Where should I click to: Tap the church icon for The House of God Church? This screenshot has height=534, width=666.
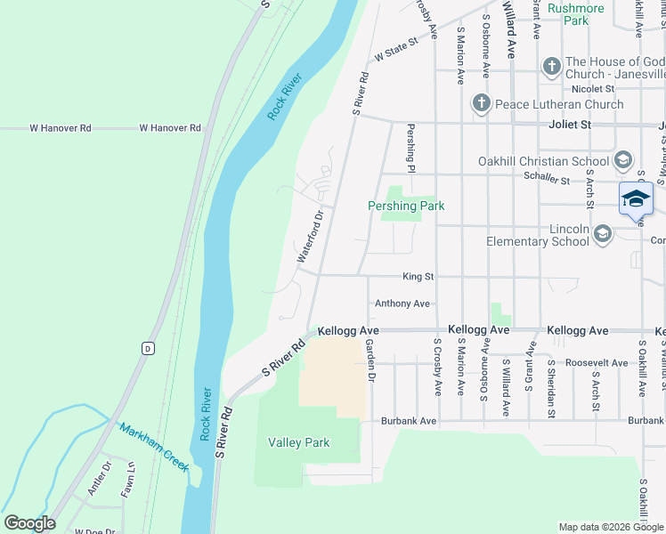tap(551, 67)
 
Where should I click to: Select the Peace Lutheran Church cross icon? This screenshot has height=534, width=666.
tap(482, 104)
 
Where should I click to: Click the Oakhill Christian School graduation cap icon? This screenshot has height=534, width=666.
tap(622, 161)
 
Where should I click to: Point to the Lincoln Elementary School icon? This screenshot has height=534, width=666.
tap(603, 234)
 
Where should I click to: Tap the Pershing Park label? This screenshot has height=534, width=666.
tap(406, 206)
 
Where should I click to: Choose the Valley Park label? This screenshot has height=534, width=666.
tap(299, 442)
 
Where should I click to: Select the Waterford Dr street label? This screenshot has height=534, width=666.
tap(309, 236)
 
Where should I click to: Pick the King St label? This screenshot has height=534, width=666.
tap(418, 277)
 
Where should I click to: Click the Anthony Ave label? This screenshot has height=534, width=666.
tap(402, 303)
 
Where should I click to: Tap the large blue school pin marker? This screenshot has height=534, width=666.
tap(636, 198)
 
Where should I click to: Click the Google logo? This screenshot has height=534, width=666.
tap(29, 523)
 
